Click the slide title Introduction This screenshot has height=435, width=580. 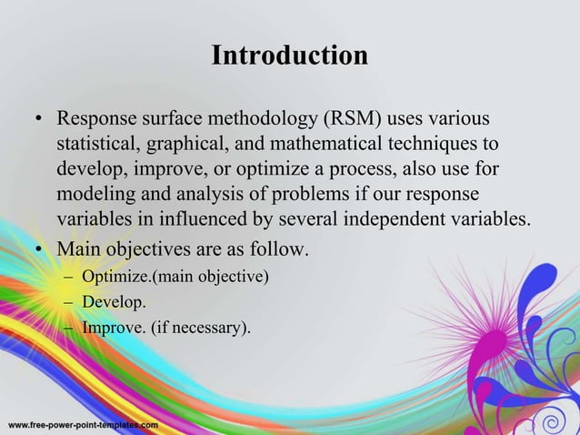289,56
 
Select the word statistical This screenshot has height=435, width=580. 97,145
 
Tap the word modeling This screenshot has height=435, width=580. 94,196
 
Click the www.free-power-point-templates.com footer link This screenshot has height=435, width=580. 83,425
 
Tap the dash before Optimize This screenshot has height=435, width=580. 69,276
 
